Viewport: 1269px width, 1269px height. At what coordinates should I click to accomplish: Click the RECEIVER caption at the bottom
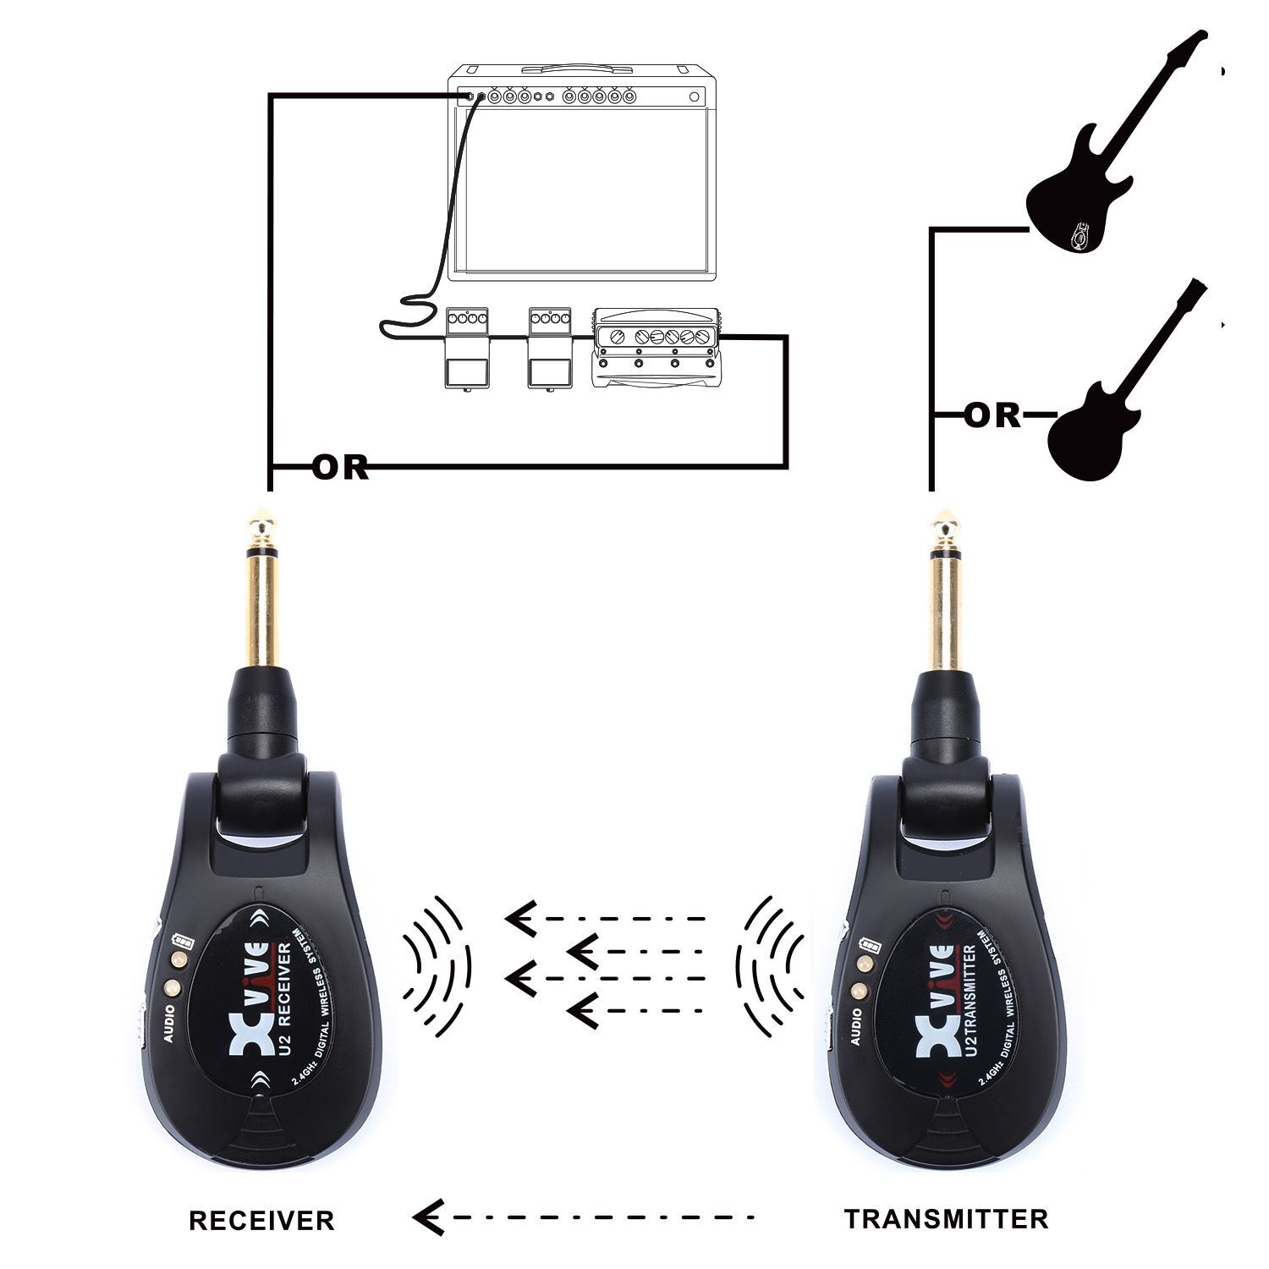[261, 1220]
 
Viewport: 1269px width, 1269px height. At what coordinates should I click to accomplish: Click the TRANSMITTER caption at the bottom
[946, 1218]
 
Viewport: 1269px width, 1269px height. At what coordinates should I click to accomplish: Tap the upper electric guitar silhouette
[1091, 169]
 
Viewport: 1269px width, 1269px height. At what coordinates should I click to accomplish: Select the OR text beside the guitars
[993, 415]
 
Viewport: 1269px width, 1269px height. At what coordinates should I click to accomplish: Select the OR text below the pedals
[341, 467]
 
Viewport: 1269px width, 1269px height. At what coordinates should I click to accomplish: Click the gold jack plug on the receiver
[261, 592]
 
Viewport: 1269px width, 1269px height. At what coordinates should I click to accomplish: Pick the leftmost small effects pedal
[466, 349]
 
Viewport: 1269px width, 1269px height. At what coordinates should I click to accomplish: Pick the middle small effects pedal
[550, 349]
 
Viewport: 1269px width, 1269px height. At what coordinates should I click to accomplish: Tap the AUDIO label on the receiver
[170, 1025]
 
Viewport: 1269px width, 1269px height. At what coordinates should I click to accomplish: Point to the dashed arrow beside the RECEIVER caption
[584, 1218]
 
